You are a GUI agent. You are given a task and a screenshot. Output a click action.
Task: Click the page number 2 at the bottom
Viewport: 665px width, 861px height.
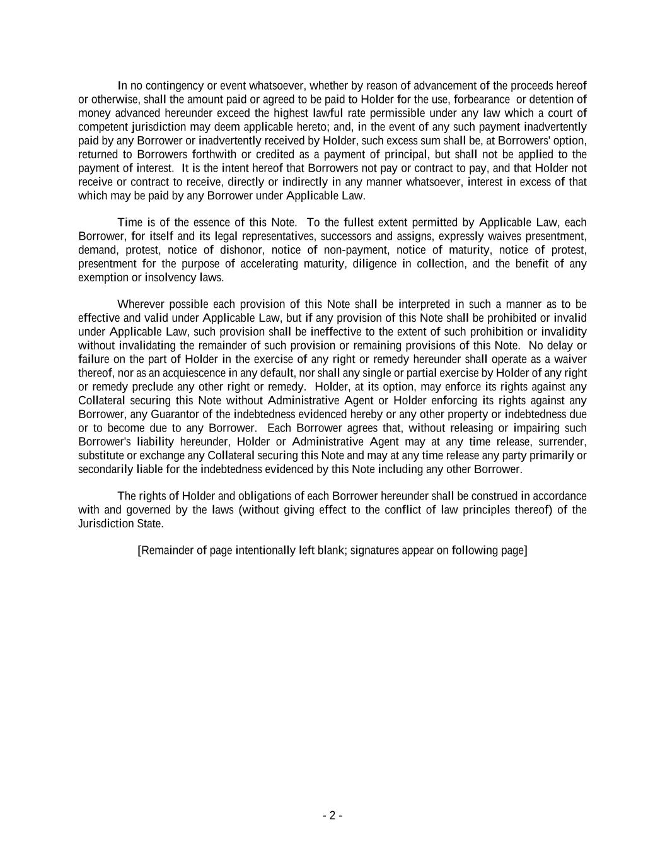coord(332,816)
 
